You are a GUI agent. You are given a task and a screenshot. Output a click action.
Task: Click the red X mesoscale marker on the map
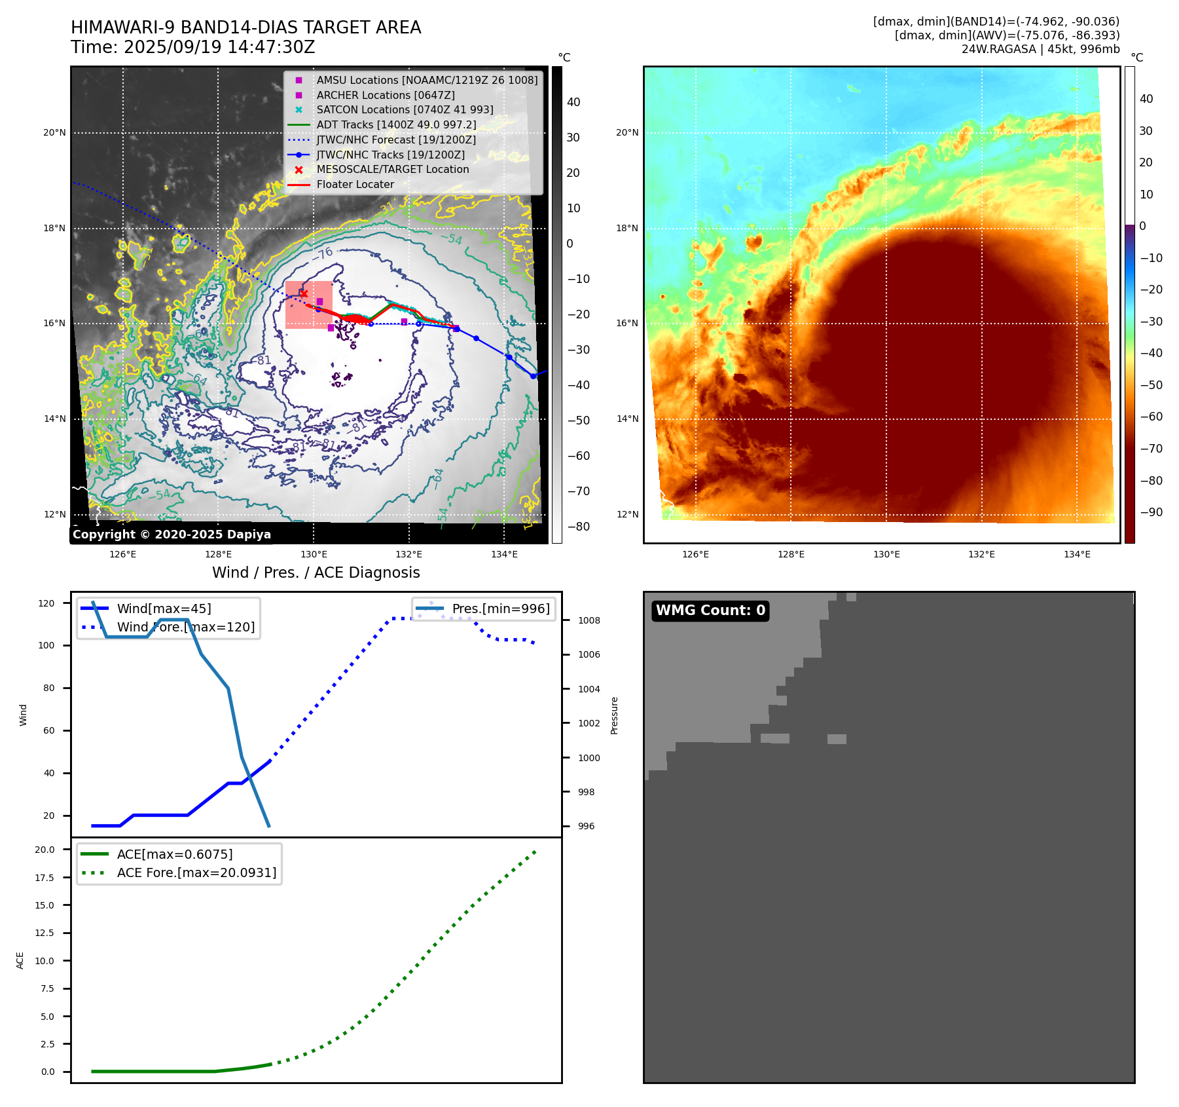(x=304, y=294)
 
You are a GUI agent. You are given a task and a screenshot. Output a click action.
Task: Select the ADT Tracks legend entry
(x=396, y=124)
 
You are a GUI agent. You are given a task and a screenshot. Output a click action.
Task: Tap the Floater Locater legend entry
(x=355, y=185)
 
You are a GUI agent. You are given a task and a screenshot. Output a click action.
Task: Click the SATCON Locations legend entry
(x=405, y=110)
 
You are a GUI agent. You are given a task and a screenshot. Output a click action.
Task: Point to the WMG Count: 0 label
(x=710, y=610)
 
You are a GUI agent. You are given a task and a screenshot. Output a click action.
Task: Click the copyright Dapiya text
(x=172, y=535)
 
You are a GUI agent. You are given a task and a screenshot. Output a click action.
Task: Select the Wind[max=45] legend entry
(x=164, y=609)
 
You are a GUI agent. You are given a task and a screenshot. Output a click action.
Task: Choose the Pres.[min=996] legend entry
(x=501, y=609)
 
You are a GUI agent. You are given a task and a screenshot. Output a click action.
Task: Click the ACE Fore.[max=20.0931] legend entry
(x=196, y=872)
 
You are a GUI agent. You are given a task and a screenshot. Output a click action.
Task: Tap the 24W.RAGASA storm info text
(x=1040, y=49)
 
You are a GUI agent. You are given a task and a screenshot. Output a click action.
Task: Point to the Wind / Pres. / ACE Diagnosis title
(x=316, y=572)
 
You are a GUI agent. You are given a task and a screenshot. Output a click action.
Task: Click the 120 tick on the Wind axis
(x=46, y=603)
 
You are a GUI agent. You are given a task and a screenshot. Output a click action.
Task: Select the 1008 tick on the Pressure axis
(x=589, y=620)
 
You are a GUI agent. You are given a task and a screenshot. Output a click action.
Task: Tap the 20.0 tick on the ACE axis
(x=45, y=850)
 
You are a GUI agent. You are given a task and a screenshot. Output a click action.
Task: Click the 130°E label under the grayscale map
(x=314, y=555)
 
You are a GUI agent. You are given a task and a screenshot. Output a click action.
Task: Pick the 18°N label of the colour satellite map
(x=626, y=229)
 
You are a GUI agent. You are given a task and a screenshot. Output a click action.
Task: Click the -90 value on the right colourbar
(x=1151, y=512)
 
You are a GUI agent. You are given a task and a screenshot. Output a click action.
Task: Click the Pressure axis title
(x=614, y=715)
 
